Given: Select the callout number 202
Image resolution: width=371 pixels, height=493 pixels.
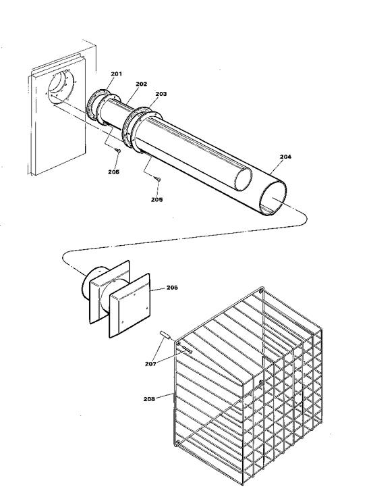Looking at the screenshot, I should (x=141, y=85).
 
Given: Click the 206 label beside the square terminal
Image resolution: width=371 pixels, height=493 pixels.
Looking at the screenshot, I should (x=172, y=287).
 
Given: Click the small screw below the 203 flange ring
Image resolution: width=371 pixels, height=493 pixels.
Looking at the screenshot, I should (x=157, y=178).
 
